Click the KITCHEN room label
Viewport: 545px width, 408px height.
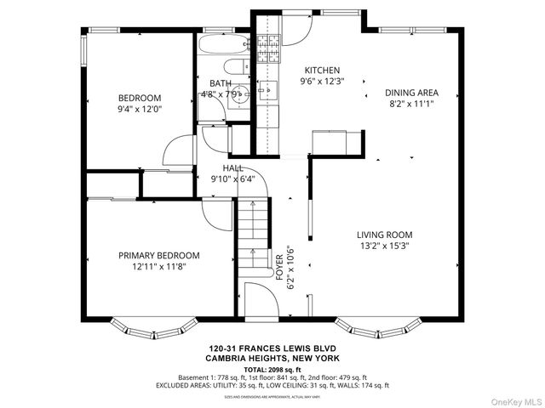coord(323,71)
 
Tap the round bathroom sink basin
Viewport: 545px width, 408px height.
coord(241,93)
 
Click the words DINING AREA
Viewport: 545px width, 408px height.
coord(411,93)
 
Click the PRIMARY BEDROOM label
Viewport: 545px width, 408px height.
coord(158,255)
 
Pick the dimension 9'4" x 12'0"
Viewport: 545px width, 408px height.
coord(140,109)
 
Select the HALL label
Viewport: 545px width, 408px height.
coord(232,168)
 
